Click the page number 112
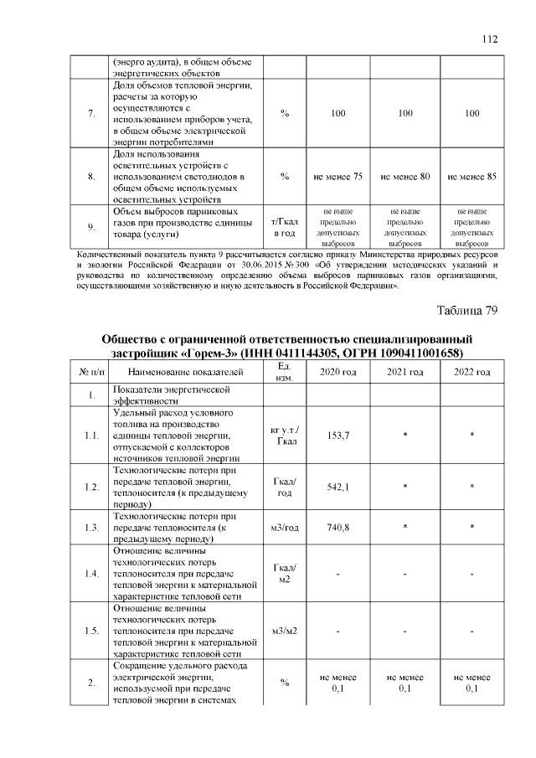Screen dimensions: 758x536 (x=490, y=39)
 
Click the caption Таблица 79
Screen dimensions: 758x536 (x=467, y=311)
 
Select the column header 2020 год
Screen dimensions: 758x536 (x=338, y=371)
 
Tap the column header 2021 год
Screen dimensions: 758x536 (x=405, y=371)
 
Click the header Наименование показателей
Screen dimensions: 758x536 (x=181, y=371)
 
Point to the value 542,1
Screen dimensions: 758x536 (x=338, y=487)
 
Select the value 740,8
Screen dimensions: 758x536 (x=338, y=527)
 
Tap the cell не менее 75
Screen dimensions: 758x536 (x=338, y=177)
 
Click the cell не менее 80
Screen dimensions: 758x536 (x=405, y=177)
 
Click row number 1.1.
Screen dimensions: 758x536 (x=90, y=435)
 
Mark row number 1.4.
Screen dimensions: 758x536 (x=90, y=574)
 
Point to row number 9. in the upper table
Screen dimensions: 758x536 (x=90, y=226)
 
